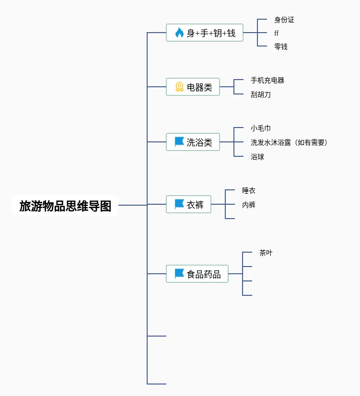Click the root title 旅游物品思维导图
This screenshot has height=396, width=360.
(x=65, y=206)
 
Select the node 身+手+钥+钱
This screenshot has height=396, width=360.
(x=205, y=33)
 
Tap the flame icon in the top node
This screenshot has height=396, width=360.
(x=179, y=33)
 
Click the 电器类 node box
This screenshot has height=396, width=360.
(x=193, y=87)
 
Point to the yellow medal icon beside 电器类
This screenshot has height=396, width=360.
(x=179, y=87)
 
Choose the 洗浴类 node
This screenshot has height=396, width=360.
(x=193, y=142)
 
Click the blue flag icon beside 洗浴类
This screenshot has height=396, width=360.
(x=179, y=142)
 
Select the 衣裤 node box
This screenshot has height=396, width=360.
(x=189, y=205)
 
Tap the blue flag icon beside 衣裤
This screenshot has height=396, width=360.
(x=179, y=204)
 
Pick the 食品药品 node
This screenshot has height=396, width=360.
(x=197, y=274)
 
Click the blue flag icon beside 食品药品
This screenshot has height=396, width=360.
(x=179, y=274)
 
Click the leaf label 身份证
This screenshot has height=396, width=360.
(x=284, y=20)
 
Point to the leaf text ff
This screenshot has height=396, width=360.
(x=276, y=33)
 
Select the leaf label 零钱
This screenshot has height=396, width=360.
(x=281, y=47)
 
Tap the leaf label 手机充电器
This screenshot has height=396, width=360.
(x=267, y=80)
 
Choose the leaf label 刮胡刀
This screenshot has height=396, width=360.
(x=261, y=94)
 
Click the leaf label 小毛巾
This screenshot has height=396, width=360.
(x=261, y=128)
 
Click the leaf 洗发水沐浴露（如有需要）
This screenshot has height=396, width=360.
(x=290, y=142)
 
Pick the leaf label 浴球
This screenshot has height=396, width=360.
(x=257, y=157)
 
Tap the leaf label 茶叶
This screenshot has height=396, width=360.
(x=266, y=253)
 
